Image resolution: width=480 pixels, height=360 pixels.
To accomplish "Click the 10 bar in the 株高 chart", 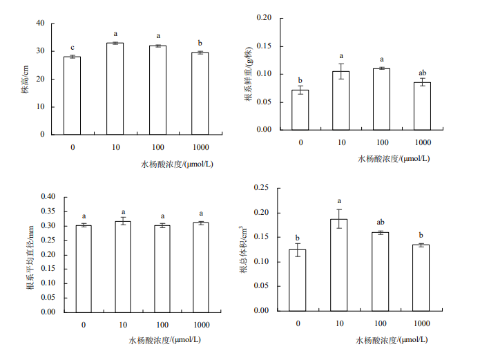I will point(115,88).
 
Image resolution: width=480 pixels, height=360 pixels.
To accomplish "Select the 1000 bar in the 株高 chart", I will point(200,93).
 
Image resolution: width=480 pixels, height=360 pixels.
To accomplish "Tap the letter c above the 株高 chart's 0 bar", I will point(73,48).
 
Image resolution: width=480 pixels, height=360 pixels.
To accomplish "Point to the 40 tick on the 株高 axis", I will point(40,23).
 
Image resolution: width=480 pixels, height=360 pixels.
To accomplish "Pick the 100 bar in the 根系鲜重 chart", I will point(382,99).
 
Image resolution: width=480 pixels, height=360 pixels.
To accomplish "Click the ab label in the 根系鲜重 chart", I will point(423,73).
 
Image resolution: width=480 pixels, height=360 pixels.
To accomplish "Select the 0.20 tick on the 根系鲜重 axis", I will point(265,17).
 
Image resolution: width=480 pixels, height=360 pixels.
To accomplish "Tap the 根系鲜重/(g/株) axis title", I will point(248,74).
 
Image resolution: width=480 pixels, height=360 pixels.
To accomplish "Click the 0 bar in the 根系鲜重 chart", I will point(300,110).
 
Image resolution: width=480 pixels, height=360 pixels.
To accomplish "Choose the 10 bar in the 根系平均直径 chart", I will point(124,266).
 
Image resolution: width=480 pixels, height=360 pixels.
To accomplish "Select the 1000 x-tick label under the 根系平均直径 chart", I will point(201,325).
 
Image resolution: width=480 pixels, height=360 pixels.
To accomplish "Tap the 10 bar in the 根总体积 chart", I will point(339,265).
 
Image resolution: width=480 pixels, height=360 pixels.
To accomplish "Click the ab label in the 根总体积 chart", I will point(380,222).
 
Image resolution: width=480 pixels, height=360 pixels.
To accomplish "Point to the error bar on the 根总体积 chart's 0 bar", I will point(298,249).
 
